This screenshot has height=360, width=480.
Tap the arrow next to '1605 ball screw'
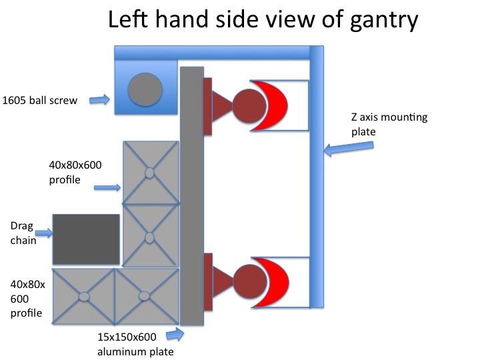point(99,100)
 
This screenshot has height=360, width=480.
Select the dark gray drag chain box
point(86,239)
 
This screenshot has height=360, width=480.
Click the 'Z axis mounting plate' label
point(379,125)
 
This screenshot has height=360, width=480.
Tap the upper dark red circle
point(249,105)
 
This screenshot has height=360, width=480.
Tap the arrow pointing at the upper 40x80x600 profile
point(107,188)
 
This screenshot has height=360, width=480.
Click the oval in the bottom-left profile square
point(84,296)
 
